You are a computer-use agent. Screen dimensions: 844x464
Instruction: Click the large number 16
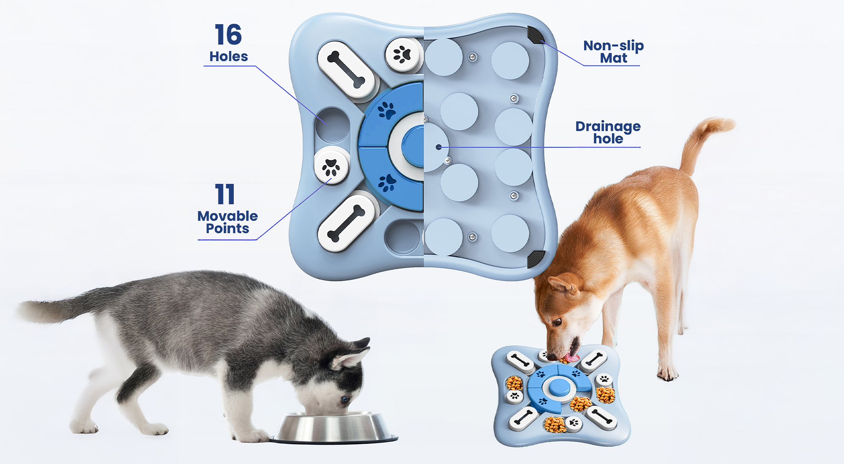click(228, 35)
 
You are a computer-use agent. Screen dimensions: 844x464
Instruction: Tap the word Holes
click(229, 57)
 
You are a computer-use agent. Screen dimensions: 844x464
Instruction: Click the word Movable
click(227, 216)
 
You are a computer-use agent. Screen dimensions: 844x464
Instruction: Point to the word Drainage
click(608, 127)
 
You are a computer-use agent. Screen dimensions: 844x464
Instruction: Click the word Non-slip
click(614, 46)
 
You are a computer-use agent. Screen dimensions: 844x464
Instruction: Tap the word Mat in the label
click(614, 58)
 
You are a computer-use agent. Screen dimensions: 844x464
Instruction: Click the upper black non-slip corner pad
click(536, 35)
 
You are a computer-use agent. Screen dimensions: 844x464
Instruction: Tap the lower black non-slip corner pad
click(536, 259)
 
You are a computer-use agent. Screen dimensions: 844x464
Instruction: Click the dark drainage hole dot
click(439, 147)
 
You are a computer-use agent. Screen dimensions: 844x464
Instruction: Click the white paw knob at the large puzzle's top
click(403, 55)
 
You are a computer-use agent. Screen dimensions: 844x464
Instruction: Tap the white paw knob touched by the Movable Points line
click(331, 165)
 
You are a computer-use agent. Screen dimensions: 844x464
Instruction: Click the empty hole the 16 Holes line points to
click(333, 125)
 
